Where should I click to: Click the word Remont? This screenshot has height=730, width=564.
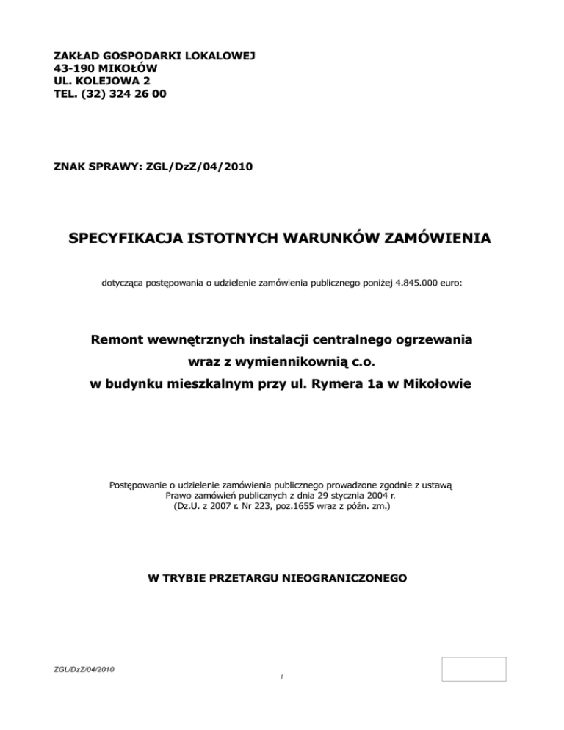(122, 340)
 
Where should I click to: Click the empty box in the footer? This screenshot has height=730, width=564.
(474, 669)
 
